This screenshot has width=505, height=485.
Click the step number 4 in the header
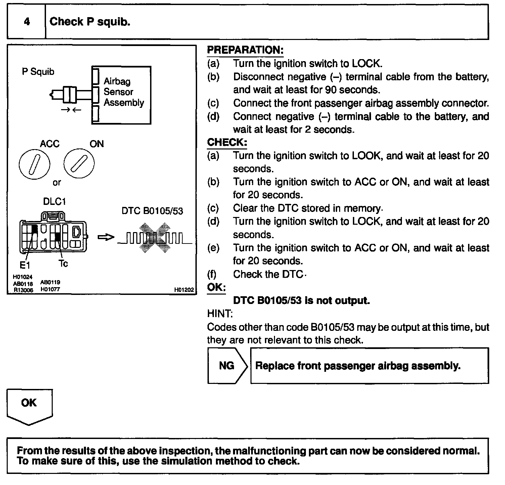pos(27,22)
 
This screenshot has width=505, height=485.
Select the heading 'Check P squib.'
pos(90,22)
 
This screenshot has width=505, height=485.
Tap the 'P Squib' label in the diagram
pos(38,72)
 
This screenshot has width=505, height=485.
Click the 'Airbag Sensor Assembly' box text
pos(123,92)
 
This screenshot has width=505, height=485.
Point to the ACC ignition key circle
pos(35,164)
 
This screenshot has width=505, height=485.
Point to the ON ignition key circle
pos(79,164)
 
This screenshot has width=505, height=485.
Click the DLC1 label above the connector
pos(54,201)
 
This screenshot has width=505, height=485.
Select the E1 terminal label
pos(25,265)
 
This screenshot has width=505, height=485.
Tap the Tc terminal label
pos(63,264)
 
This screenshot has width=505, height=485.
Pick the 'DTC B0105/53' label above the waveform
pos(152,211)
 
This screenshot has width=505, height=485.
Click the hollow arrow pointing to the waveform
pos(106,237)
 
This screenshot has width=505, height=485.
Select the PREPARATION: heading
pos(245,50)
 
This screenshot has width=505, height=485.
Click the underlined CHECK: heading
pos(227,142)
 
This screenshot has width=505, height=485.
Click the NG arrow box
pos(227,365)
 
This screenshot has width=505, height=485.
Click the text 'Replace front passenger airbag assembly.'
pos(358,365)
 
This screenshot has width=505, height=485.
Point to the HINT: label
pos(220,314)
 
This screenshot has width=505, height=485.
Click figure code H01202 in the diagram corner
pos(184,290)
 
